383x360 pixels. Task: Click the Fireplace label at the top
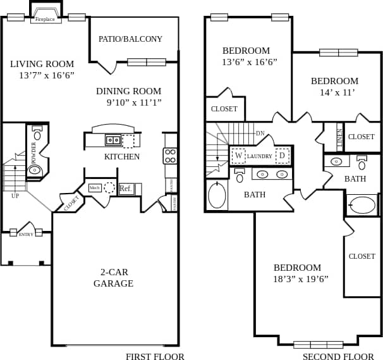point(44,19)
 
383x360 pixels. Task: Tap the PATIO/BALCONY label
point(130,39)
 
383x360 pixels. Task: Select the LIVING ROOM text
point(42,64)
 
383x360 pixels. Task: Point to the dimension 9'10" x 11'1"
point(133,102)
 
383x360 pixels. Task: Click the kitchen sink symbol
point(113,140)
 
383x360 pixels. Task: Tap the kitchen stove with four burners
point(170,156)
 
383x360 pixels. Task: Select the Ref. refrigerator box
point(125,189)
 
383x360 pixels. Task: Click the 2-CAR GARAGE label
point(113,278)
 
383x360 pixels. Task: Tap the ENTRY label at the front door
point(26,235)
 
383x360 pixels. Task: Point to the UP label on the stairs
point(15,196)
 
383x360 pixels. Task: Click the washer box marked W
point(239,155)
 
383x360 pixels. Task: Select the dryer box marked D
point(282,155)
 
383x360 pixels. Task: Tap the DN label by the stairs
point(260,133)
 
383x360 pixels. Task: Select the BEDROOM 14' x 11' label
point(334,86)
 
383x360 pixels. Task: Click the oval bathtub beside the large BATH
point(217,195)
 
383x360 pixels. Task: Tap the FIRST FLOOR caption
point(155,356)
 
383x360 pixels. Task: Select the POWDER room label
point(33,152)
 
